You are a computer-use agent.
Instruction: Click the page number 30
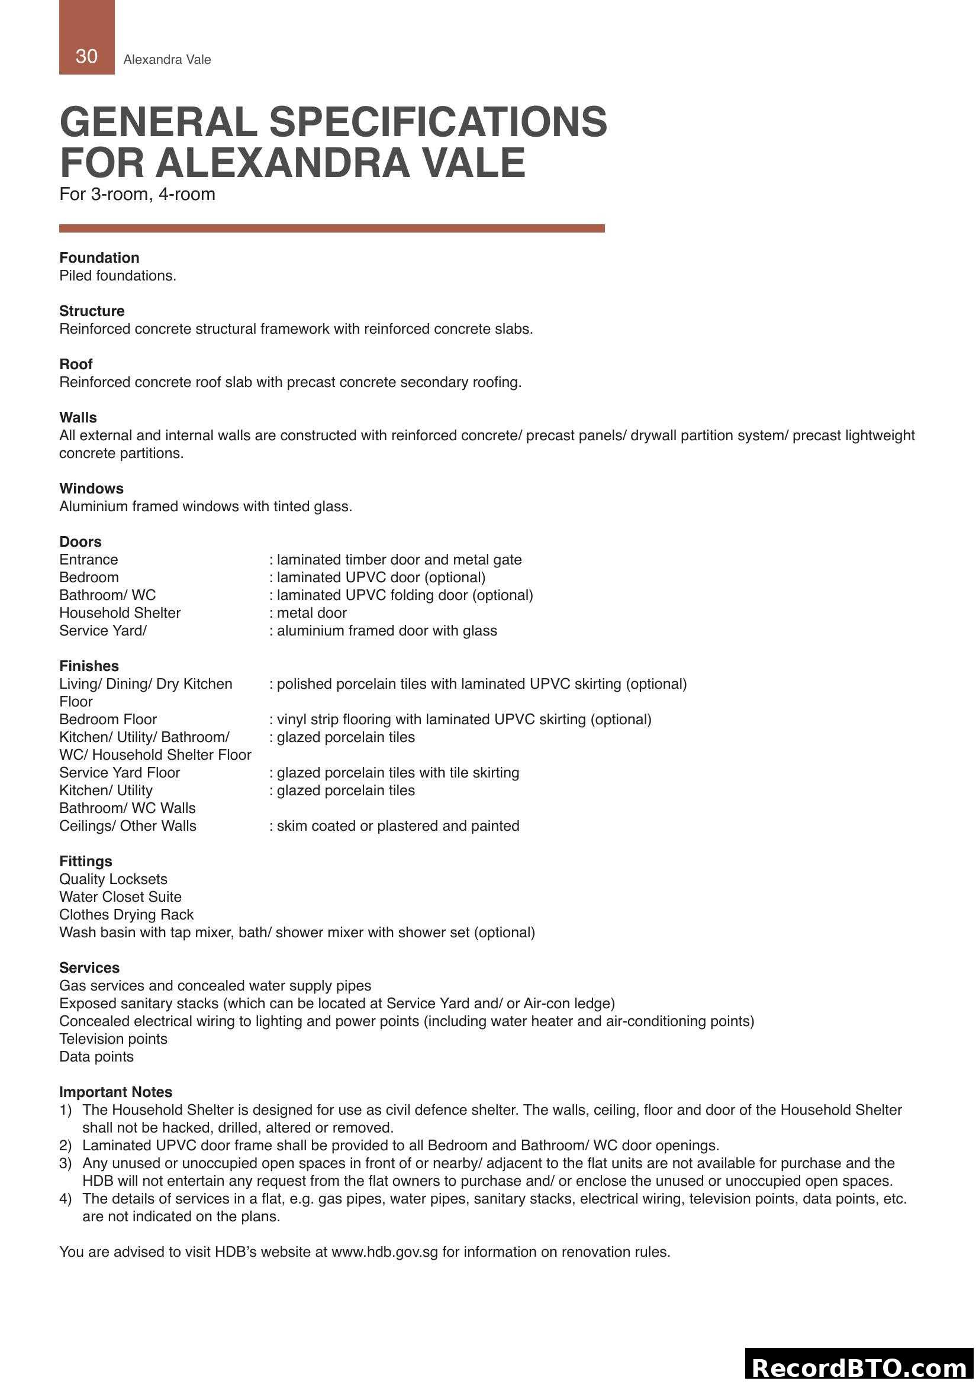coord(86,56)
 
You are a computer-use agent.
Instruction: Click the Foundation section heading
coord(99,257)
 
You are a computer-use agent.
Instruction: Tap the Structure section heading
coord(92,311)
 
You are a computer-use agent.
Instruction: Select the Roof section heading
coord(75,364)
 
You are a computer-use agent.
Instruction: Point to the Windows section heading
coord(91,488)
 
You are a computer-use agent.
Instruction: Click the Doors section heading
coord(80,541)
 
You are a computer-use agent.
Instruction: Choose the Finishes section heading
coord(89,666)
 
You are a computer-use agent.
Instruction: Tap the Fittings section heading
coord(86,861)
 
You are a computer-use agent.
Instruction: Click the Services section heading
coord(89,967)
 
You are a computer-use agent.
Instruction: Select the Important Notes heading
coord(116,1092)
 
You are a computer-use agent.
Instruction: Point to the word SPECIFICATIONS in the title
coord(437,122)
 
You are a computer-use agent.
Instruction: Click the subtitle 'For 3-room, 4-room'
coord(137,194)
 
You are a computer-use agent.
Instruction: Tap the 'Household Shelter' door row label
coord(120,612)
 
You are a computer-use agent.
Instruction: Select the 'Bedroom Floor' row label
coord(108,719)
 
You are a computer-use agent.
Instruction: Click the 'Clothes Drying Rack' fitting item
coord(126,914)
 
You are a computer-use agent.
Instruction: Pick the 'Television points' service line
coord(113,1038)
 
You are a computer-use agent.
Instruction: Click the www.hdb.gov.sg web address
coord(385,1252)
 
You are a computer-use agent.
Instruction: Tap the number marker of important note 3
coord(65,1163)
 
